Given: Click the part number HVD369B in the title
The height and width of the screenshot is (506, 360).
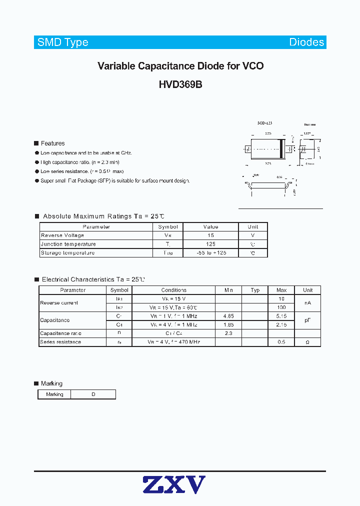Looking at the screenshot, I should (x=180, y=85).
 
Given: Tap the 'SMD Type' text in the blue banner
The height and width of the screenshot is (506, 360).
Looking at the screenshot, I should (x=63, y=42).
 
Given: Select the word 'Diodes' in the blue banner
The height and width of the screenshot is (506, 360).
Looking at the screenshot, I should (x=306, y=42).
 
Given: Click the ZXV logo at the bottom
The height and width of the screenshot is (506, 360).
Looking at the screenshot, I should (x=174, y=484).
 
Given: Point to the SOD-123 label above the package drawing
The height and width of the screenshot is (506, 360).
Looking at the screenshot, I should (x=264, y=123).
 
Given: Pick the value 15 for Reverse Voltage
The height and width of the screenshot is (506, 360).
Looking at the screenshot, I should (x=210, y=235).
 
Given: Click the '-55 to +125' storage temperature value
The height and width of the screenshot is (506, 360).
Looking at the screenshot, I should (x=210, y=253).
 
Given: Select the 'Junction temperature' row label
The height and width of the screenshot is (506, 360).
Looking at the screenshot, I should (x=68, y=244).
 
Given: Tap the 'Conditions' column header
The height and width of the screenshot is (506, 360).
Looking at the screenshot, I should (x=173, y=290).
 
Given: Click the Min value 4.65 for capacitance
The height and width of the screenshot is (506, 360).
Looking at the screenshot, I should (x=228, y=316).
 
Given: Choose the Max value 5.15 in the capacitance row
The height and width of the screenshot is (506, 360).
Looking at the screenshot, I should (x=281, y=316).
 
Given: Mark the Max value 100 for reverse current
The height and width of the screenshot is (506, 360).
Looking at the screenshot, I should (x=281, y=307).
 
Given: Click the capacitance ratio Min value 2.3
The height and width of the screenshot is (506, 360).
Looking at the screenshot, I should (x=228, y=333).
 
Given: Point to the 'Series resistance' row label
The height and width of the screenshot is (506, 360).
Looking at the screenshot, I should (x=60, y=342).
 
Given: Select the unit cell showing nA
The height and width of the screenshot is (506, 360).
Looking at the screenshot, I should (x=307, y=303).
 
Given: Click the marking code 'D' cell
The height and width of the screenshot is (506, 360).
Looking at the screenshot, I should (x=93, y=394).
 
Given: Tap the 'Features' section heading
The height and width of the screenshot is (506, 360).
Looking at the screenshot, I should (x=52, y=143).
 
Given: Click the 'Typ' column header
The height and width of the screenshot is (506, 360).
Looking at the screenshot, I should (x=255, y=290).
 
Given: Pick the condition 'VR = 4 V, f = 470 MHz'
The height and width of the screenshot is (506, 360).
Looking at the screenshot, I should (x=173, y=342).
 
